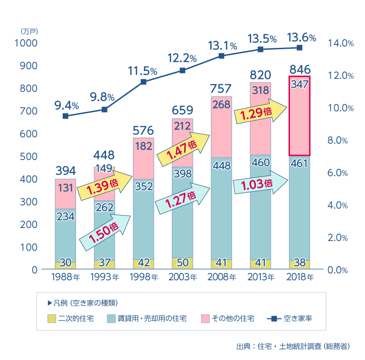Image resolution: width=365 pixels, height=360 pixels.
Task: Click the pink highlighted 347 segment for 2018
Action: [299, 116]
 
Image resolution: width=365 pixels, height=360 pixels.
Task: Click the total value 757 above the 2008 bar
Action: [221, 88]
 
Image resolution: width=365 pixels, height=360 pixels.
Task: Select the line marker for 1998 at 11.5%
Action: [143, 82]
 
